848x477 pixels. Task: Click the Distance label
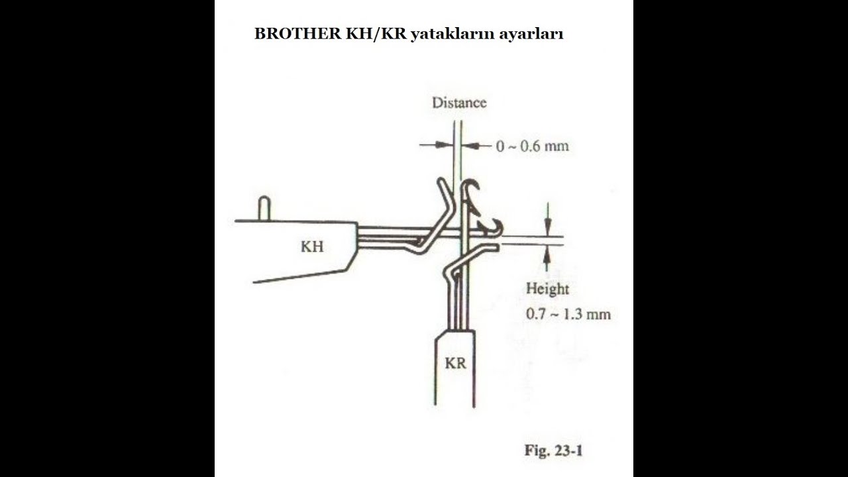pyautogui.click(x=459, y=103)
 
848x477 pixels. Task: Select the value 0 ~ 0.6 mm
pyautogui.click(x=532, y=146)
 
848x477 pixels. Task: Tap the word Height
pyautogui.click(x=547, y=289)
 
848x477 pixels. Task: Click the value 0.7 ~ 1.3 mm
pyautogui.click(x=568, y=314)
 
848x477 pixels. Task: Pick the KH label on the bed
pyautogui.click(x=312, y=247)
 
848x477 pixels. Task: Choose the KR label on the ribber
pyautogui.click(x=455, y=363)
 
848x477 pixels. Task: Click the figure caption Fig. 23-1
pyautogui.click(x=553, y=451)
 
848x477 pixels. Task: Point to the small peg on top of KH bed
pyautogui.click(x=264, y=207)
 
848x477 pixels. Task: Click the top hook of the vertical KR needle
pyautogui.click(x=471, y=189)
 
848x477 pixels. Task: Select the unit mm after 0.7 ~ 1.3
pyautogui.click(x=599, y=314)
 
